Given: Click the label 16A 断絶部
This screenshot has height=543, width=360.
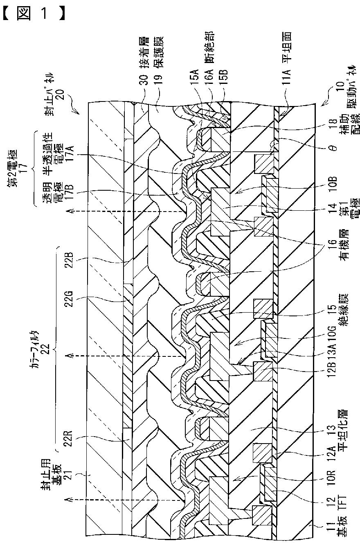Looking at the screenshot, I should click(209, 57).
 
